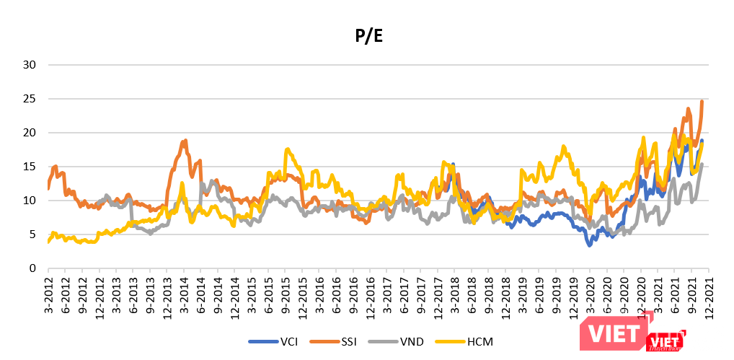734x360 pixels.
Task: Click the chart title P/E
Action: pos(367,36)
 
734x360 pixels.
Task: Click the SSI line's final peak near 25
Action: pos(702,102)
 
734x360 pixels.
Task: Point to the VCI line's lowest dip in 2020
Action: pos(589,245)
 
